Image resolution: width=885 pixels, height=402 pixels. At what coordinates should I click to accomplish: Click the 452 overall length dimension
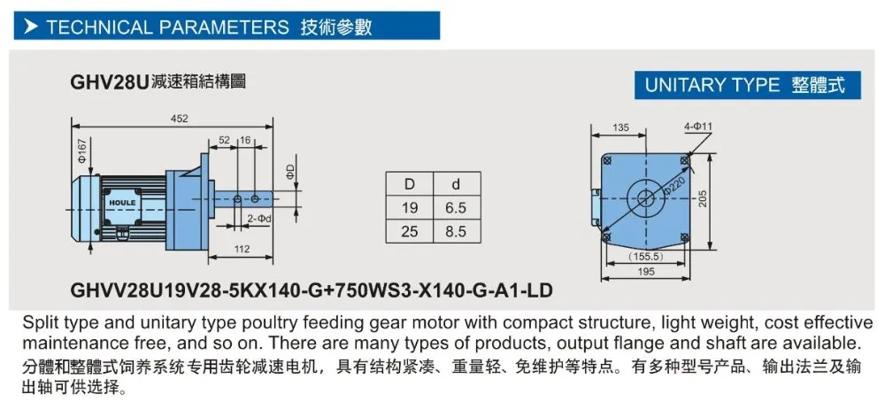tap(179, 119)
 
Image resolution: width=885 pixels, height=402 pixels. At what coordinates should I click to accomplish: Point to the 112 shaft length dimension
tap(242, 249)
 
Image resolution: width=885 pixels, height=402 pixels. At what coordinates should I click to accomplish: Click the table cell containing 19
tap(410, 208)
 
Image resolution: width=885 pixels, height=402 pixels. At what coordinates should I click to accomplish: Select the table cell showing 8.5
tap(456, 231)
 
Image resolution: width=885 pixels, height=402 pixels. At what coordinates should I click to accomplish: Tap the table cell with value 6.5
tap(456, 208)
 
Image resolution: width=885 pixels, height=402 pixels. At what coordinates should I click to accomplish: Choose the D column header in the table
tap(410, 184)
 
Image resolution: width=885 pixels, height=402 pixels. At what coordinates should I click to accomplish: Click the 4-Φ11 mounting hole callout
tap(698, 128)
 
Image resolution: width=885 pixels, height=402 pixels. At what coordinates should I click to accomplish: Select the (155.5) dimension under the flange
tap(645, 257)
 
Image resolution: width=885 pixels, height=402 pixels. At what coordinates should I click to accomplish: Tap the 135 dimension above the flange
tap(620, 128)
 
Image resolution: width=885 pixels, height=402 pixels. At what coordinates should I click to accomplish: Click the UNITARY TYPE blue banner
tap(747, 85)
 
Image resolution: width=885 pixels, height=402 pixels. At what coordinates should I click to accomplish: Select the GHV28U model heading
tap(108, 82)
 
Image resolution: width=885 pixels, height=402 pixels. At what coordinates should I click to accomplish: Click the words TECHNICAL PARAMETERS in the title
tap(167, 27)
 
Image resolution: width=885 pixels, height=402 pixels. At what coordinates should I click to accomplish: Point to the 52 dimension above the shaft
tap(224, 140)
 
